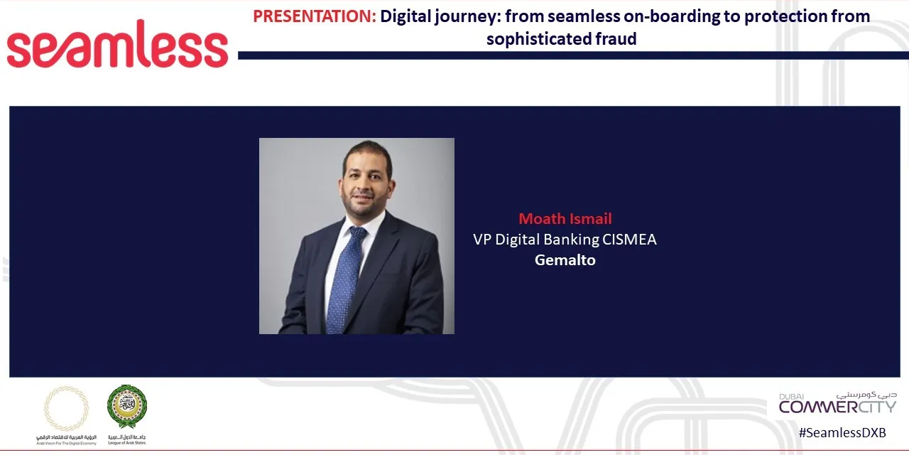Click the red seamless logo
117,45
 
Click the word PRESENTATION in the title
314,16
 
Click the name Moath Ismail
565,218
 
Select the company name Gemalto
565,260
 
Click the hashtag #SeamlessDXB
842,432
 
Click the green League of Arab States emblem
127,406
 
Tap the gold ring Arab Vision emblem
67,408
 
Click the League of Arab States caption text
127,439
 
